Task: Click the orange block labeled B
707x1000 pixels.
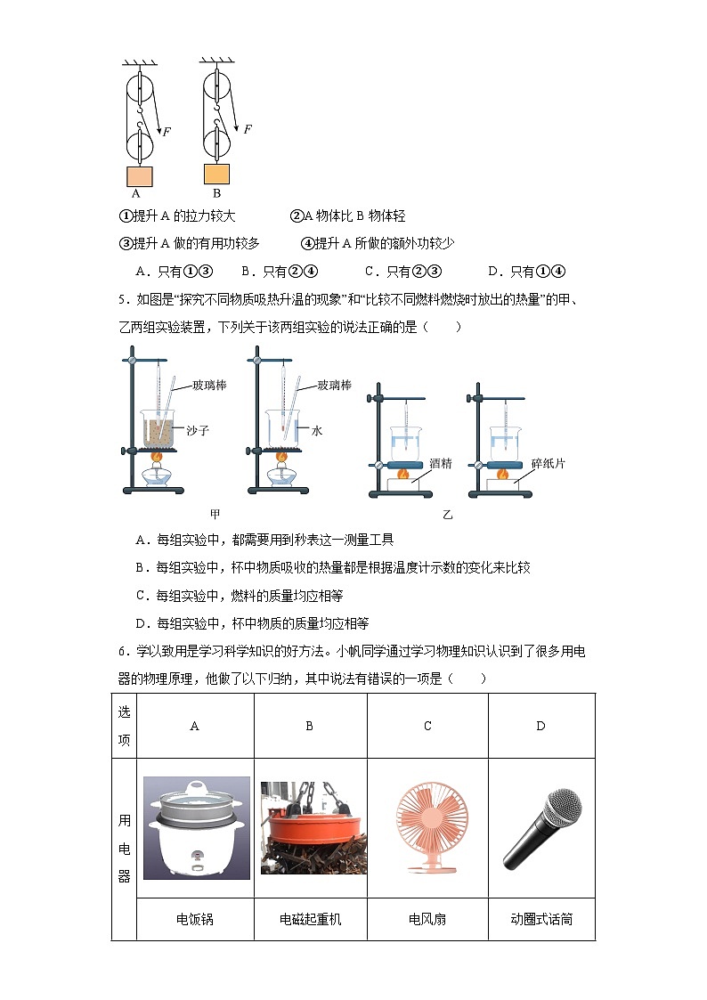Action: (x=216, y=173)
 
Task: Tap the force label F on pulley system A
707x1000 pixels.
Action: (x=167, y=132)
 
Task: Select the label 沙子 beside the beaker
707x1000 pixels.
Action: (x=198, y=430)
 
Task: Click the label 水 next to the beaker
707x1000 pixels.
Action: (x=315, y=430)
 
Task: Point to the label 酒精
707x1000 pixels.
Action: (x=441, y=463)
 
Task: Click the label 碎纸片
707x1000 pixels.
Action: (x=548, y=463)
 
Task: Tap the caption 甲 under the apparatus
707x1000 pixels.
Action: (x=215, y=514)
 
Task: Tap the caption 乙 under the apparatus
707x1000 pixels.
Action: (x=448, y=514)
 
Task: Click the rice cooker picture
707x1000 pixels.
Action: (x=195, y=827)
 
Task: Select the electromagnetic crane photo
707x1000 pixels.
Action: (x=310, y=827)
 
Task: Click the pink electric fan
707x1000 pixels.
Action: (x=427, y=827)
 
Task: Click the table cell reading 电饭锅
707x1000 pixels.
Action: (x=195, y=919)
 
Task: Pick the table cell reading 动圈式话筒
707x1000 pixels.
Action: (x=540, y=919)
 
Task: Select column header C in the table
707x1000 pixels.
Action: (x=427, y=726)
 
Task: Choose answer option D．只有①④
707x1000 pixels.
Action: (x=527, y=272)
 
